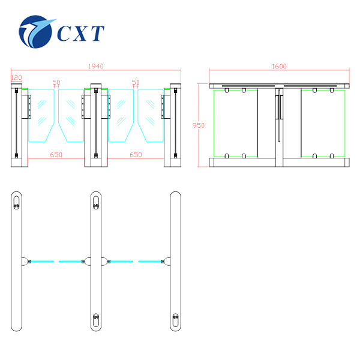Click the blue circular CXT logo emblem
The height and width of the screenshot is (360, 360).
[x=35, y=32]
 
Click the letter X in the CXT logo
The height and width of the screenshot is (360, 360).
[x=80, y=34]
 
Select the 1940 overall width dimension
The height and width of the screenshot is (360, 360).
[x=96, y=67]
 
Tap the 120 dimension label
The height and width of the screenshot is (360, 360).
[x=17, y=77]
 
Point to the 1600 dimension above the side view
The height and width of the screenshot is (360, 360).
[x=279, y=67]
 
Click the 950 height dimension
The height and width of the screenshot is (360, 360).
[x=199, y=125]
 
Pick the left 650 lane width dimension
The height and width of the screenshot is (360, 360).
[x=56, y=155]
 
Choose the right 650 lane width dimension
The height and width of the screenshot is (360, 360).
[x=136, y=155]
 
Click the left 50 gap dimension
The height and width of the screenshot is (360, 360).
[x=56, y=82]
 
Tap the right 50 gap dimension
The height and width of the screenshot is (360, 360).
[x=136, y=82]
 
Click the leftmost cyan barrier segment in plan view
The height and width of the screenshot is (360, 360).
[x=43, y=261]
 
